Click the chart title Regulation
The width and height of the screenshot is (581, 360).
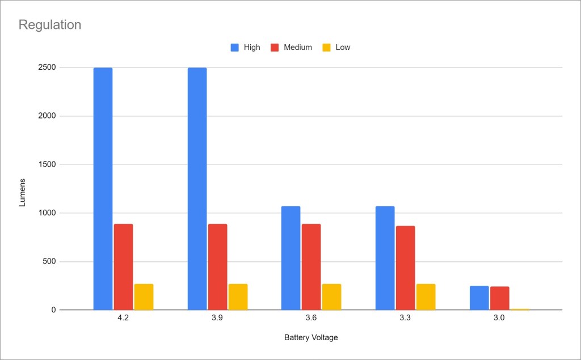50,25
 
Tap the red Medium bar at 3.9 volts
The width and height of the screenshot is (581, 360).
217,267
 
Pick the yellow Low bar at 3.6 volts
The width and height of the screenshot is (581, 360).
332,297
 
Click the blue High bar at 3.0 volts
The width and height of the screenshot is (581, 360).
479,298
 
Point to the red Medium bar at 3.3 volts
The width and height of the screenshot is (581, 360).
405,268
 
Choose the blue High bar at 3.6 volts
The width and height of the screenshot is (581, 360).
291,258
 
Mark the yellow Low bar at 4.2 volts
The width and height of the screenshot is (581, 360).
144,297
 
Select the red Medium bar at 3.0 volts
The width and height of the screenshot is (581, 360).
500,298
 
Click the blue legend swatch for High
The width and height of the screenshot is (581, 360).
235,48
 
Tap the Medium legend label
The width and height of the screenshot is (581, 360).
298,48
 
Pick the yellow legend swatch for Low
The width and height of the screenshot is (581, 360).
326,48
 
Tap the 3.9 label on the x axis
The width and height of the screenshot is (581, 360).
217,319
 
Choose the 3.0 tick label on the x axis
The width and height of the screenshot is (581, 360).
499,319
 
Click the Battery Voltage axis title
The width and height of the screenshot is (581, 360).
311,338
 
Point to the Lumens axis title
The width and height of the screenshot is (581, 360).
23,189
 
